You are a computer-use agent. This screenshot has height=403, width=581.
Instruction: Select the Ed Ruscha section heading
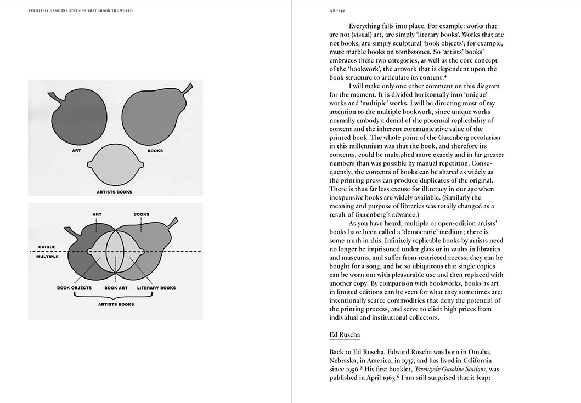coord(345,334)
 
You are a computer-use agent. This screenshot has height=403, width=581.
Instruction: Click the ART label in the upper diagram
coord(77,150)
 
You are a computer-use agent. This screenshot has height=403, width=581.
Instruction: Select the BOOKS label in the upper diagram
coord(155,150)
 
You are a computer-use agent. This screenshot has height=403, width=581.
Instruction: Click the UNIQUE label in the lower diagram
coord(47,247)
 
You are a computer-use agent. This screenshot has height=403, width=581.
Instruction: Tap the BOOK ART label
coord(115,287)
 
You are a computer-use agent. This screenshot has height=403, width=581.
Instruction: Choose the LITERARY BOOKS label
coord(156,287)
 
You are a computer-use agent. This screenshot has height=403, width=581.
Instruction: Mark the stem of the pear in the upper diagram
coord(188,88)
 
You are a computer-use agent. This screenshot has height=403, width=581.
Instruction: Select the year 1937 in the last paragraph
coord(424,360)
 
